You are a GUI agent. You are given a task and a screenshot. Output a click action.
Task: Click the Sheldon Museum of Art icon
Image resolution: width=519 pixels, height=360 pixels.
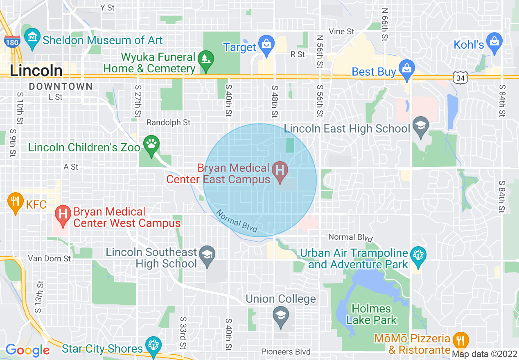pyautogui.click(x=32, y=38)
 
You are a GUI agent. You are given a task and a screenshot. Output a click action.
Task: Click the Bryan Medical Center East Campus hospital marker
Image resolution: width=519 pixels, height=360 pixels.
pyautogui.click(x=280, y=171)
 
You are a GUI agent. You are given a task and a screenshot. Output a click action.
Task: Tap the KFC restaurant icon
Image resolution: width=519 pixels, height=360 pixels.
pyautogui.click(x=15, y=201)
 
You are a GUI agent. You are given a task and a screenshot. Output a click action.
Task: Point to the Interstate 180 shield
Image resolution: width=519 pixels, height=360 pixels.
pyautogui.click(x=13, y=41)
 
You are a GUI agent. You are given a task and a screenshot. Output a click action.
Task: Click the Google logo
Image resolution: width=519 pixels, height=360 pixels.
pyautogui.click(x=27, y=350)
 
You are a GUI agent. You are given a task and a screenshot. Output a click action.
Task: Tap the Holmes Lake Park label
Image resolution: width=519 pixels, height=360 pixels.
pyautogui.click(x=372, y=314)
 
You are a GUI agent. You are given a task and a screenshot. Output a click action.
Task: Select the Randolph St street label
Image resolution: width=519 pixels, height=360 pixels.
pyautogui.click(x=169, y=122)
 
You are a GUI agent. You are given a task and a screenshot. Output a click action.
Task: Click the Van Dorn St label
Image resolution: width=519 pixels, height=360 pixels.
pyautogui.click(x=50, y=259)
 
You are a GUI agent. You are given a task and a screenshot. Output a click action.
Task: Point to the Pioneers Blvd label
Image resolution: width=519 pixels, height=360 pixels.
pyautogui.click(x=286, y=352)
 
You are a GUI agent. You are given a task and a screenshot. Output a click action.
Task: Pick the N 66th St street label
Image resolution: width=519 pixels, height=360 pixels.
pyautogui.click(x=384, y=25)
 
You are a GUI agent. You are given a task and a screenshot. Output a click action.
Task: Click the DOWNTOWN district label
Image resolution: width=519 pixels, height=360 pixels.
pyautogui.click(x=61, y=86)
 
